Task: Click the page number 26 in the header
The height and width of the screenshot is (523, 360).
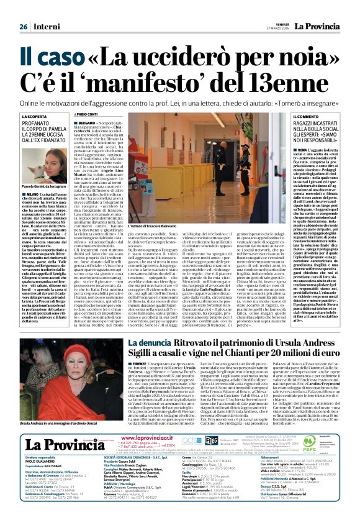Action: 23,27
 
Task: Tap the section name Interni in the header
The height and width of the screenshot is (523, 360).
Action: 47,27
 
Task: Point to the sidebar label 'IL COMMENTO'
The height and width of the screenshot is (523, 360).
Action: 290,117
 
